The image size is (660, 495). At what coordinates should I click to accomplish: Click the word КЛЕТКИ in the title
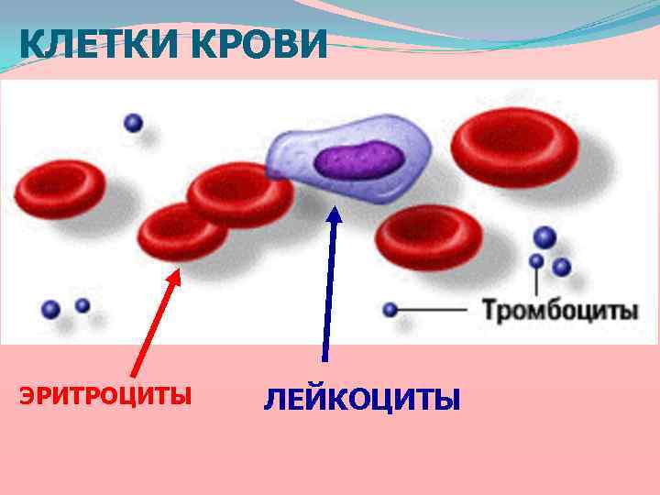[88, 45]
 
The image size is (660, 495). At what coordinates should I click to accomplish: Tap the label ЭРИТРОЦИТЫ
[105, 396]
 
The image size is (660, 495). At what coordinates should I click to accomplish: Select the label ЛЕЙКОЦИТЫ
[362, 400]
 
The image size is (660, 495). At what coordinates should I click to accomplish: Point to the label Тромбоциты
[561, 311]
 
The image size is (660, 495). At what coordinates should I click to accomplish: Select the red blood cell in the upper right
[515, 148]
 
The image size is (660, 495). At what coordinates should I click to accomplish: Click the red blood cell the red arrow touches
[182, 232]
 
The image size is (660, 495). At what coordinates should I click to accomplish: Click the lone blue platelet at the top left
[134, 122]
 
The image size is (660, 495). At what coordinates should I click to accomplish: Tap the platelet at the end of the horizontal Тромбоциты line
[390, 310]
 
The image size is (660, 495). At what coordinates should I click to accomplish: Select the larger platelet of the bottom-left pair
[51, 310]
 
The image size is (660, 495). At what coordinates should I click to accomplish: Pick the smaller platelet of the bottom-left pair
[82, 305]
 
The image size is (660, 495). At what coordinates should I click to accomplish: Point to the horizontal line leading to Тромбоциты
[435, 310]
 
